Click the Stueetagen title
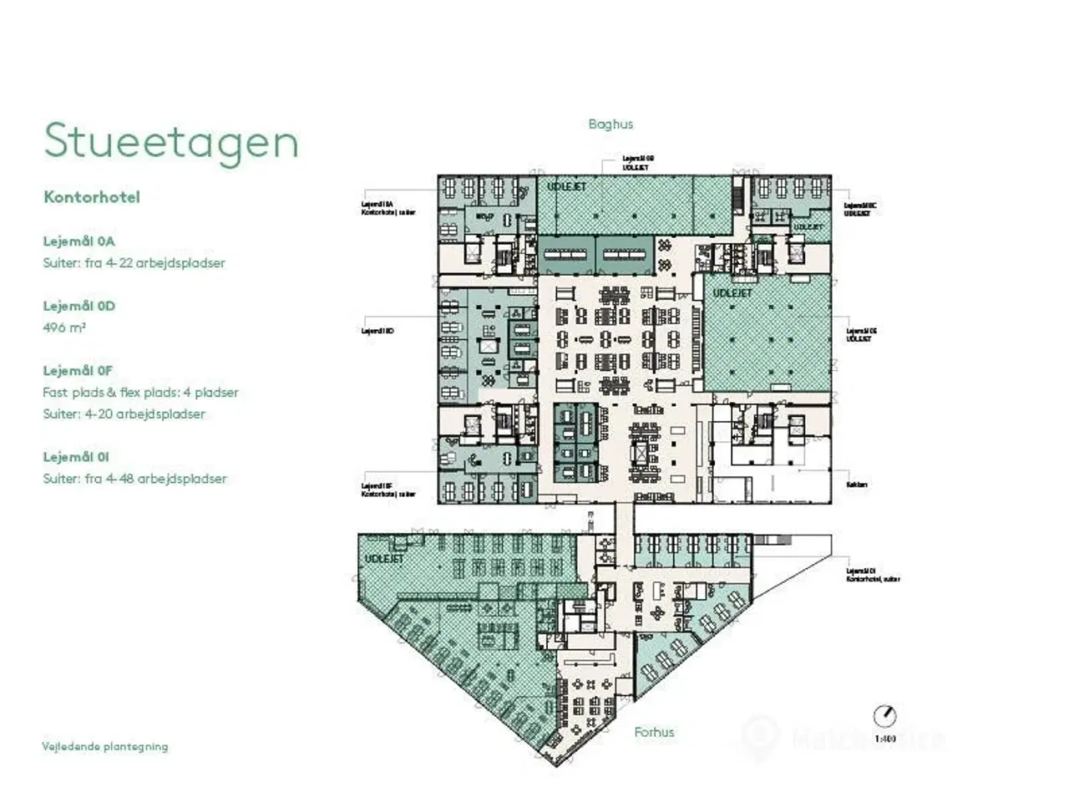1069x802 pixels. click(x=171, y=141)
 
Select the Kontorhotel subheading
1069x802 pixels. click(x=92, y=197)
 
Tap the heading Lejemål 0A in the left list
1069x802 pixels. click(x=79, y=241)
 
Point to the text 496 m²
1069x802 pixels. click(x=64, y=327)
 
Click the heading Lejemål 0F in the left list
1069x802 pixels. click(x=78, y=371)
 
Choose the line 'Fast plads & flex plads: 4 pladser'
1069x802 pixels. click(x=140, y=393)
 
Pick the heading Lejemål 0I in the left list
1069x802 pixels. click(x=76, y=457)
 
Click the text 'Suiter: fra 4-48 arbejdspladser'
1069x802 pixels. click(x=134, y=479)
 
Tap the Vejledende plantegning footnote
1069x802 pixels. click(x=105, y=747)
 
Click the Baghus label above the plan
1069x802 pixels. click(x=610, y=124)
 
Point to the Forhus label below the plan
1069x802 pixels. click(x=654, y=733)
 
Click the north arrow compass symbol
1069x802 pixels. click(x=884, y=716)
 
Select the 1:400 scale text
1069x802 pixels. click(x=884, y=739)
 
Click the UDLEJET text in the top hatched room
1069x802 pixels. click(x=566, y=186)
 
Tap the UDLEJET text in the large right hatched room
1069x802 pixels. click(x=732, y=293)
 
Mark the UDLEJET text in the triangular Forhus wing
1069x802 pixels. click(x=384, y=559)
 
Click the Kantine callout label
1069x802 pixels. click(x=857, y=485)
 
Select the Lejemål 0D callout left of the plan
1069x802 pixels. click(x=377, y=331)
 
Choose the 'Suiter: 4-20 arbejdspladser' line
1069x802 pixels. click(x=124, y=414)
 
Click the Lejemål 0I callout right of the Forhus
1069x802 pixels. click(x=872, y=575)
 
